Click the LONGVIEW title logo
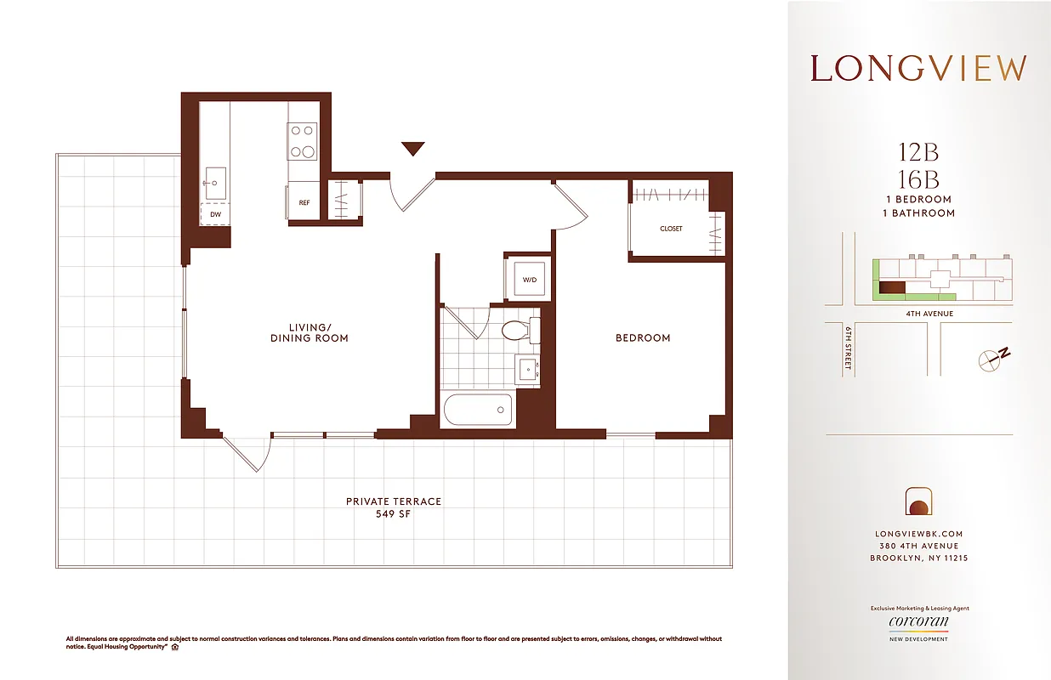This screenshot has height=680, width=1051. tap(918, 69)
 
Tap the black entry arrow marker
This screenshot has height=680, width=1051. tap(412, 150)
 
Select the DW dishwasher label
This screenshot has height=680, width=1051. tap(215, 215)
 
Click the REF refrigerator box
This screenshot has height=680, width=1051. tap(304, 201)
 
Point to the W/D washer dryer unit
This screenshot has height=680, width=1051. tap(527, 278)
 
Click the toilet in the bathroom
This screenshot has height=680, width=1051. tap(519, 330)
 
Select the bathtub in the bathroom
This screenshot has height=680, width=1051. tap(478, 411)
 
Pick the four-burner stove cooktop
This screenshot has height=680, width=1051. tap(303, 141)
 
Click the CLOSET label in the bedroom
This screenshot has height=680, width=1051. tap(671, 229)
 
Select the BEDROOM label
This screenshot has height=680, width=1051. tap(643, 338)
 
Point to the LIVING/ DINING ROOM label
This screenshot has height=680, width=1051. tap(309, 332)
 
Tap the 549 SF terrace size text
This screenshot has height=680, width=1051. tap(393, 515)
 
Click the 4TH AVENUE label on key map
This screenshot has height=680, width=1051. tap(929, 314)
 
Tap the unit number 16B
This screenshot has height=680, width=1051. tap(918, 178)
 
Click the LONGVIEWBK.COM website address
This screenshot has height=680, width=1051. tap(918, 534)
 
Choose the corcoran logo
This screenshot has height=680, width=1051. tap(918, 622)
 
